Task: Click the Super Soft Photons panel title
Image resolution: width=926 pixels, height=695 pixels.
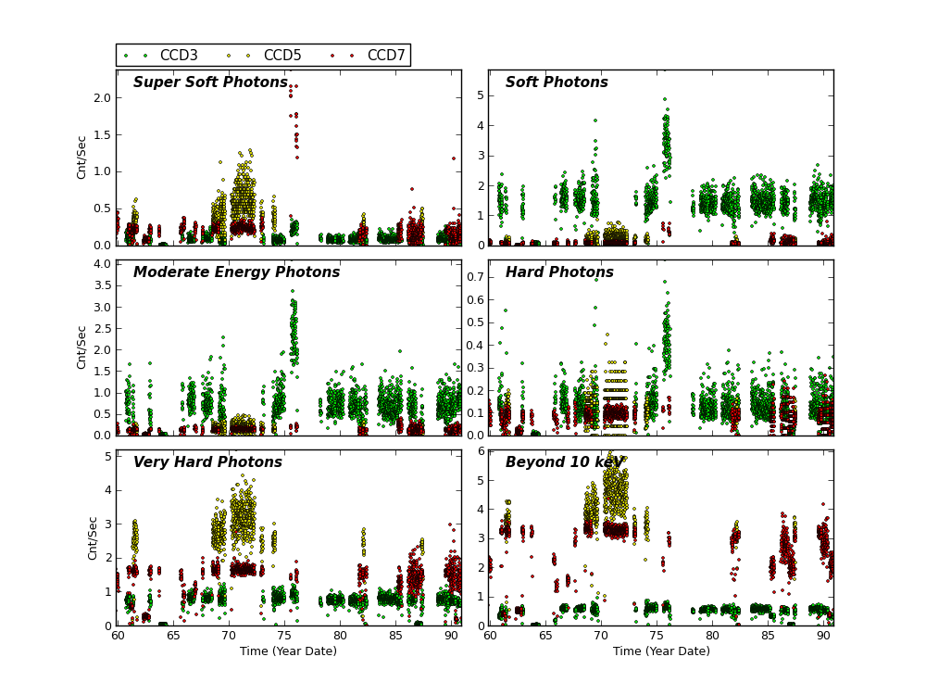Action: (210, 82)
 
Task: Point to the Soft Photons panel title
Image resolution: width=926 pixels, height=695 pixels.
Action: (557, 82)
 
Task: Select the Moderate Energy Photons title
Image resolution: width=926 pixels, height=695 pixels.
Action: (236, 272)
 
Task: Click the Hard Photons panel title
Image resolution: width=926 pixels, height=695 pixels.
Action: (559, 272)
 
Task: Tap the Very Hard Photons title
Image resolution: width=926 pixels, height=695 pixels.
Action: (207, 462)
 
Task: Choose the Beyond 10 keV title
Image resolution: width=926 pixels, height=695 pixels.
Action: (564, 462)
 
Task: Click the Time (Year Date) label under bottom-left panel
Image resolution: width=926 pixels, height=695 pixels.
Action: (288, 651)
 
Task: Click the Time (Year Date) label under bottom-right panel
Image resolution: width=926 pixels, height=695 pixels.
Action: (661, 651)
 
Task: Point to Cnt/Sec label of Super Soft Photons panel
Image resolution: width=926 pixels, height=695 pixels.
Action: (81, 158)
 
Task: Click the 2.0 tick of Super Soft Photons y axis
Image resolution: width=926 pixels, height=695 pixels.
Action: (102, 97)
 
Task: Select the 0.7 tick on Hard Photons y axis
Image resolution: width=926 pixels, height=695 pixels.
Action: (473, 277)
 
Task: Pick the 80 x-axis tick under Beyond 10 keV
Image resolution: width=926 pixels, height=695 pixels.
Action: (712, 635)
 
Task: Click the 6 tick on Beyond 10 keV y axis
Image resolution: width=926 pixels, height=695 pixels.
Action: (480, 451)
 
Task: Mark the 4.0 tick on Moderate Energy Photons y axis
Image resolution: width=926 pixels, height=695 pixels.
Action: (102, 264)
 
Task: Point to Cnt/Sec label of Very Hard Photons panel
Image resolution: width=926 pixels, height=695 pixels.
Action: (93, 537)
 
